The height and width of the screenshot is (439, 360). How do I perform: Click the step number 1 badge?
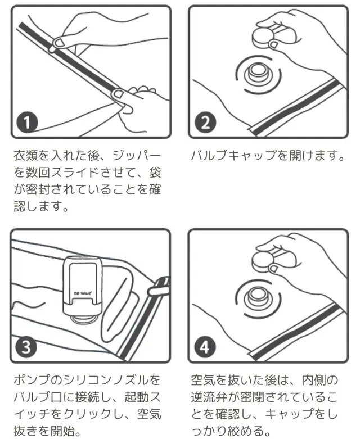tap(27, 123)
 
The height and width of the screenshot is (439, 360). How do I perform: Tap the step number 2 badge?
tap(205, 123)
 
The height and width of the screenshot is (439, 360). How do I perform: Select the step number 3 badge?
tap(26, 347)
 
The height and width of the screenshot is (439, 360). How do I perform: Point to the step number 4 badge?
tap(205, 347)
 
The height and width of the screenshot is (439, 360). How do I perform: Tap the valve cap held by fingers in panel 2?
tap(264, 37)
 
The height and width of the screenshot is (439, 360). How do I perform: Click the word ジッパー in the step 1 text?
tap(137, 155)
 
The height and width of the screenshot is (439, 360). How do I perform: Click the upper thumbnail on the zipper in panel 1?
tap(59, 42)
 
